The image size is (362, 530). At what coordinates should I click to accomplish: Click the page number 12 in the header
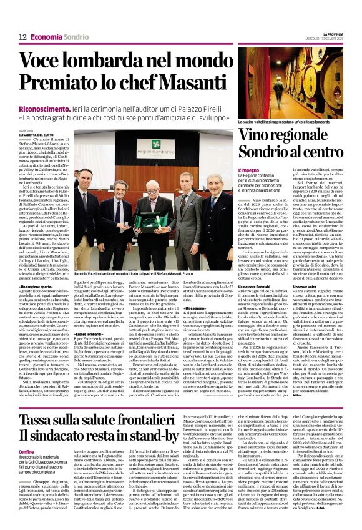[x=22, y=37]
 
